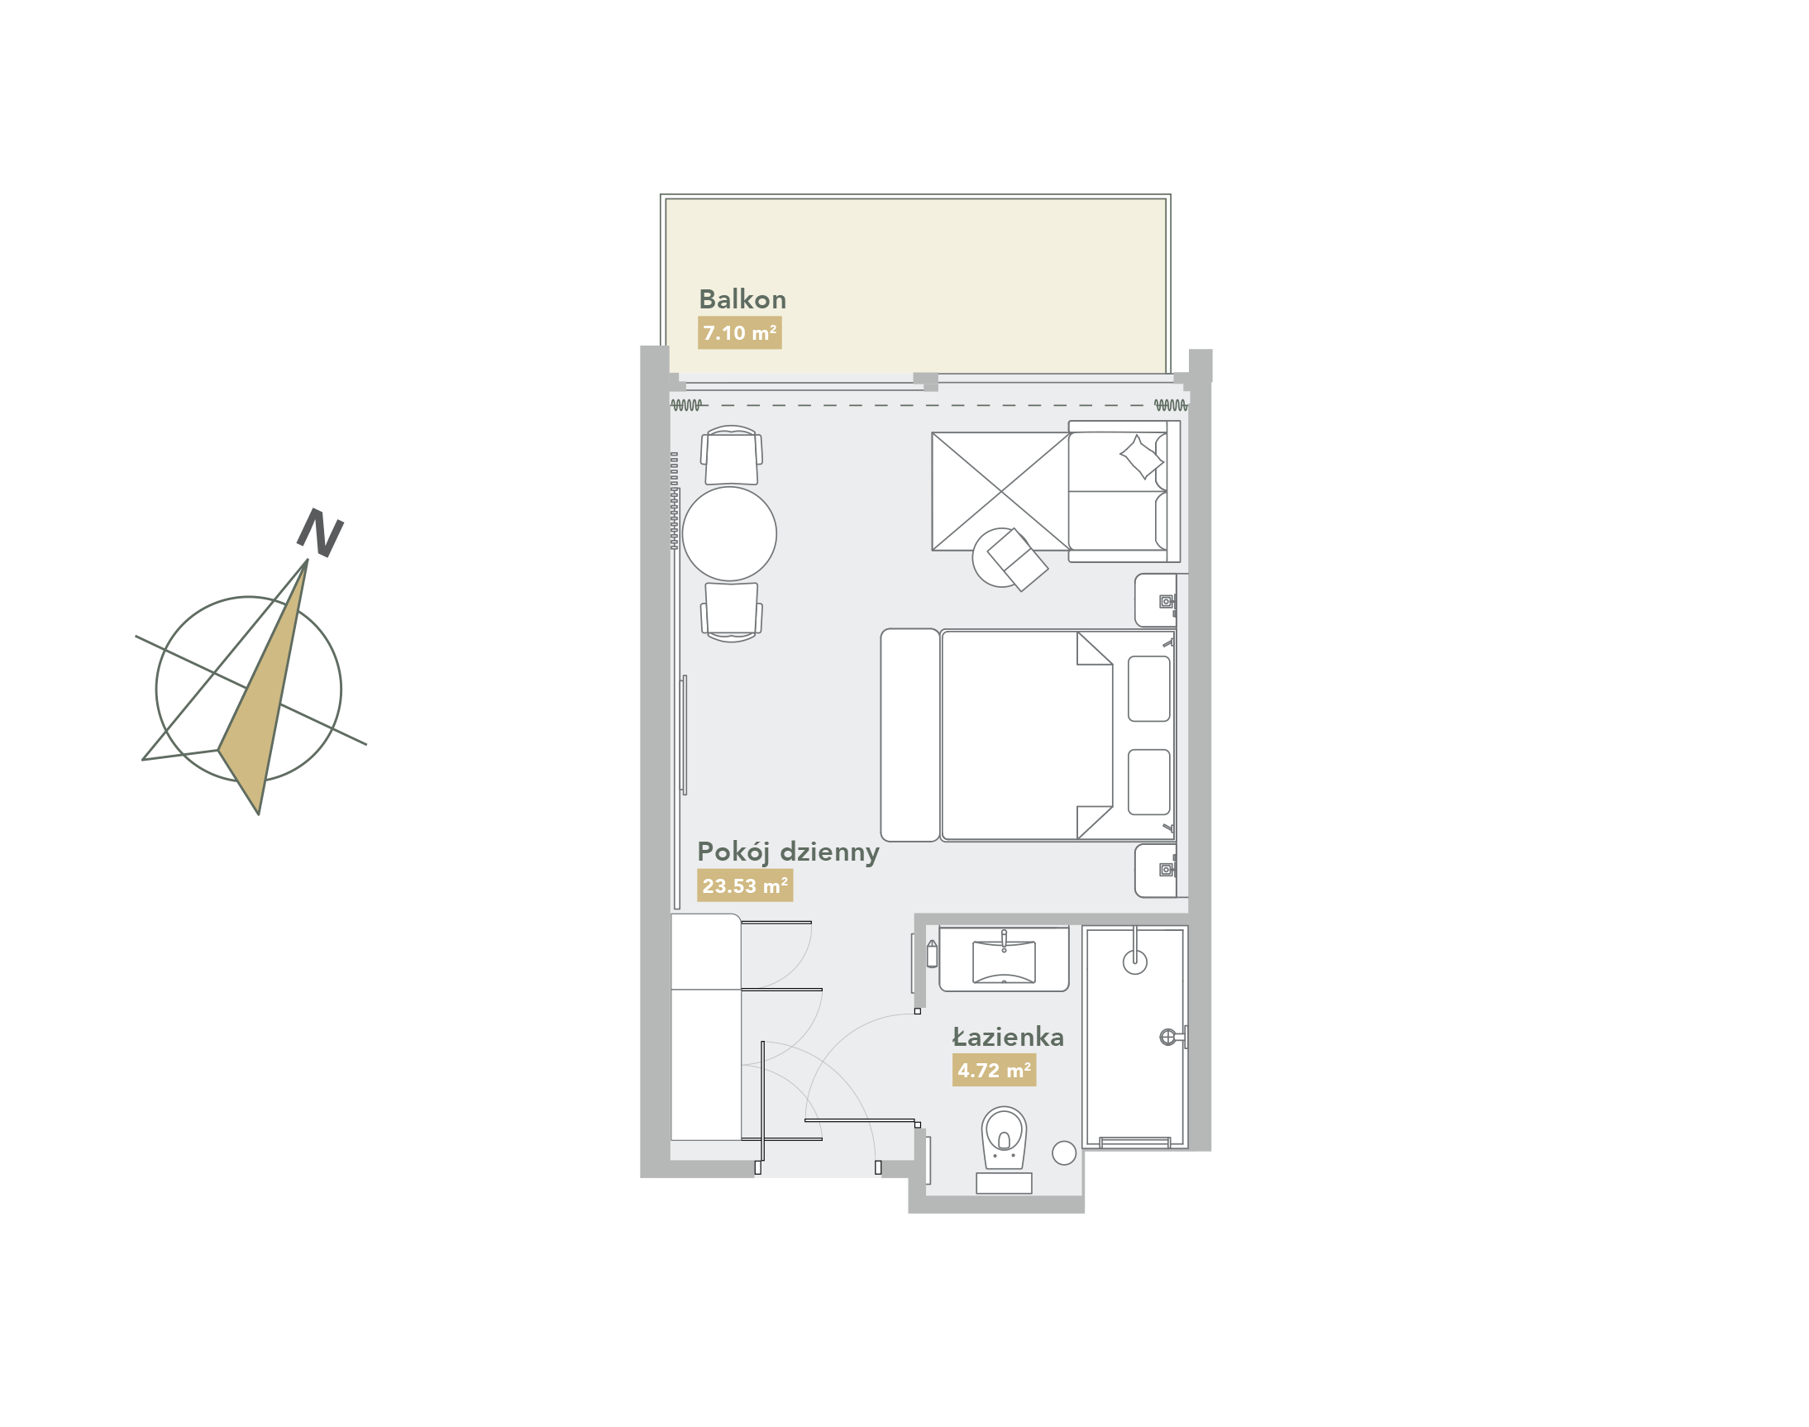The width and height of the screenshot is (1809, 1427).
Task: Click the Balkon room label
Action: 742,299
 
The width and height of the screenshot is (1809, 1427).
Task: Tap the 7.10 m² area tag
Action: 739,332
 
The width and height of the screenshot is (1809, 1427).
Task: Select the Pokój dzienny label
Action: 788,852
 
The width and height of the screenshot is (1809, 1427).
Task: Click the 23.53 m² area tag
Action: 744,885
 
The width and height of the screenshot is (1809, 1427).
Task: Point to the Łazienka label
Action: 1008,1037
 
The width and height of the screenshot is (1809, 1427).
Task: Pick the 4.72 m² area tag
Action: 994,1070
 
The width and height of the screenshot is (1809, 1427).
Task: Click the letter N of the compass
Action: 320,532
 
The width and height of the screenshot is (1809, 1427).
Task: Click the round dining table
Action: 728,533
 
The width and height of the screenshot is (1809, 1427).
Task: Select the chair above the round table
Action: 731,456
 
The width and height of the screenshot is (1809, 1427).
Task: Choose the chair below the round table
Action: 731,612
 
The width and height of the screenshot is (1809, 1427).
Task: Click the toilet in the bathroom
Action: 1004,1138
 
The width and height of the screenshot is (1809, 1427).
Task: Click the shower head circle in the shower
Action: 1134,962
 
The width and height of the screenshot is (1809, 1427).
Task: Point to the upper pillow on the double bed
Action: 1148,689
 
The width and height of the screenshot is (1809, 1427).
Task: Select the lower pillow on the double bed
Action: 1148,782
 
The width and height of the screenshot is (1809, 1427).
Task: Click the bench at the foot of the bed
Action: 910,735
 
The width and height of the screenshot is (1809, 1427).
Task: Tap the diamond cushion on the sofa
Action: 1141,457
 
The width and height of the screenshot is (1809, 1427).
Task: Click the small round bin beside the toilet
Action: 1064,1153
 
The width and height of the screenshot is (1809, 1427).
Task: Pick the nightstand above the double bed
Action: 1156,600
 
